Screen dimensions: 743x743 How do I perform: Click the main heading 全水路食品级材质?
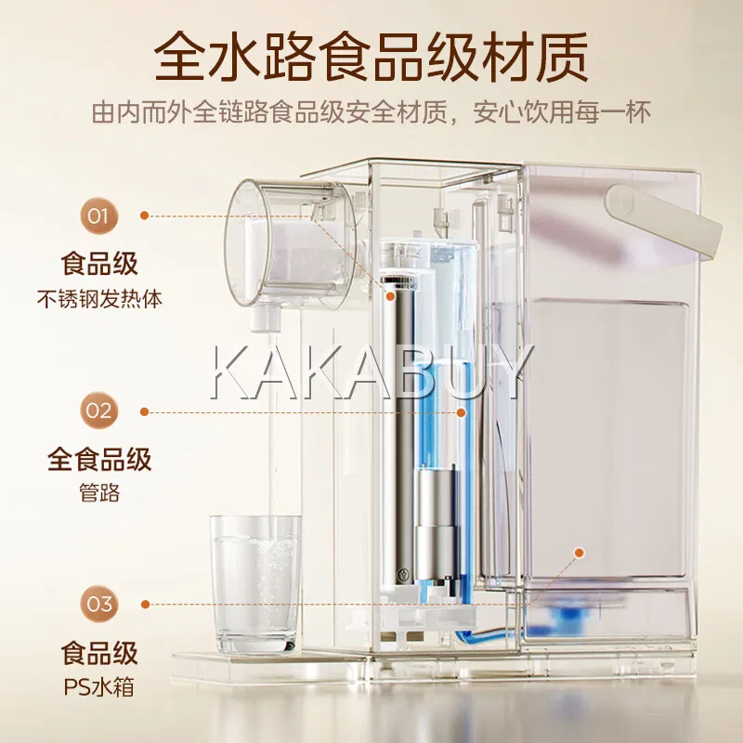371,57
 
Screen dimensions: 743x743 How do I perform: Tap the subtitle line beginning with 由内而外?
371,111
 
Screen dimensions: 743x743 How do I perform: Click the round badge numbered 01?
98,216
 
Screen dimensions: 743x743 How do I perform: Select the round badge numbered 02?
98,411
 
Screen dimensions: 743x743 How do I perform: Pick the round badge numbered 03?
98,604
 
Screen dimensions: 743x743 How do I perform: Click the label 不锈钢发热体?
99,299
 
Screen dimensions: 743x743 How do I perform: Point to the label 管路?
99,493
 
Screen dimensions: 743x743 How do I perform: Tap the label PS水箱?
99,687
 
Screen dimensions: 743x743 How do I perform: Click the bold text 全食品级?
99,459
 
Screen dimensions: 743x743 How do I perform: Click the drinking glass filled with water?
256,584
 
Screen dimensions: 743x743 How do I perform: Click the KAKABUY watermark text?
372,372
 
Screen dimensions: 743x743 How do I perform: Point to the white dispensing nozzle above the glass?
266,316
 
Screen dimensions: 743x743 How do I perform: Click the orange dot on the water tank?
579,553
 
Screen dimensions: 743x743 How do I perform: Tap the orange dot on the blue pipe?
461,412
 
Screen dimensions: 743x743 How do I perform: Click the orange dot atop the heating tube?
390,295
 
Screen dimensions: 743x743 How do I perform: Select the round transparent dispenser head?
290,244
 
